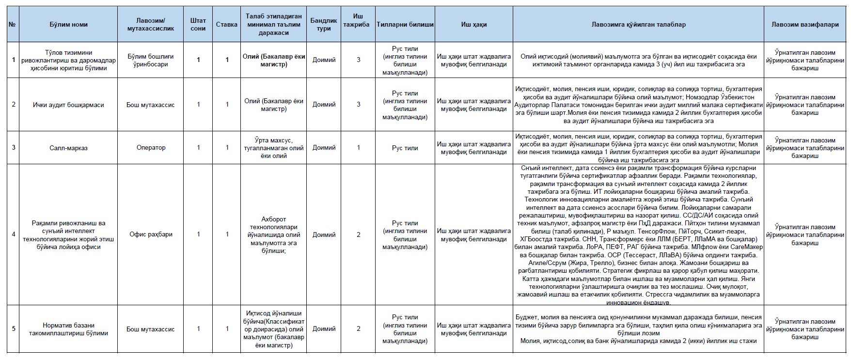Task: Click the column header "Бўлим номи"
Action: tap(68, 24)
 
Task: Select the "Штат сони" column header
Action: tap(198, 24)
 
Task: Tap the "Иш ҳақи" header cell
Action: tap(473, 24)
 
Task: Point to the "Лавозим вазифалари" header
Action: tap(805, 24)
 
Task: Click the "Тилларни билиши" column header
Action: tap(405, 24)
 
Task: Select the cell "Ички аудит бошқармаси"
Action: tap(68, 105)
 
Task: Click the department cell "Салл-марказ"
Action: tap(68, 148)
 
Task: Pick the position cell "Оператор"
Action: tap(151, 148)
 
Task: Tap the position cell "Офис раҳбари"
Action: tap(151, 235)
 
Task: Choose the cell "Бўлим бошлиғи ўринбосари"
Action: tap(151, 60)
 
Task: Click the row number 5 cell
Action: tap(13, 329)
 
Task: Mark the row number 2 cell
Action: tap(13, 105)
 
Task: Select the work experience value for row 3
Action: tap(359, 148)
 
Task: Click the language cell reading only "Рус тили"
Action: tap(405, 148)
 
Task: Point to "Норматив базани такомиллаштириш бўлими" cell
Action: tap(68, 329)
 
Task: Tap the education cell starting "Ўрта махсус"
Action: tap(274, 148)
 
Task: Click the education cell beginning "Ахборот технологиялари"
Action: tap(274, 235)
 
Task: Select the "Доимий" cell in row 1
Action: tap(324, 60)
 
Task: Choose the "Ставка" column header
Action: tap(227, 24)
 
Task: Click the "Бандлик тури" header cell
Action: tap(324, 24)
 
